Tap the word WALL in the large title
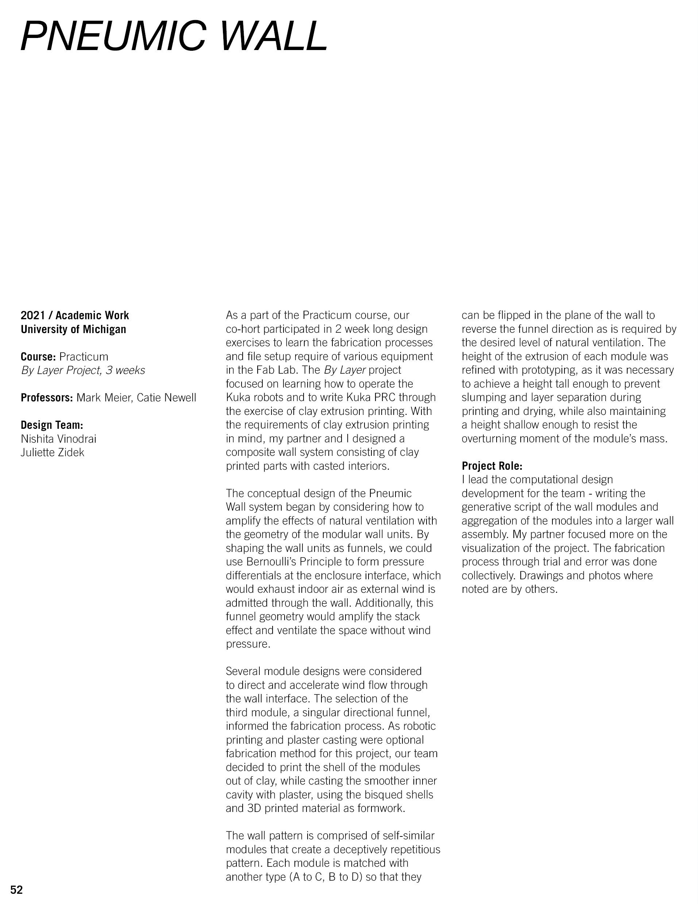pyautogui.click(x=273, y=37)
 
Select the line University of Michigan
pyautogui.click(x=73, y=329)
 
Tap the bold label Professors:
pyautogui.click(x=47, y=398)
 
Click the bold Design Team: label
pyautogui.click(x=52, y=425)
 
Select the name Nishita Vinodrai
pyautogui.click(x=58, y=439)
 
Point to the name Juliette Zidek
pyautogui.click(x=52, y=453)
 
